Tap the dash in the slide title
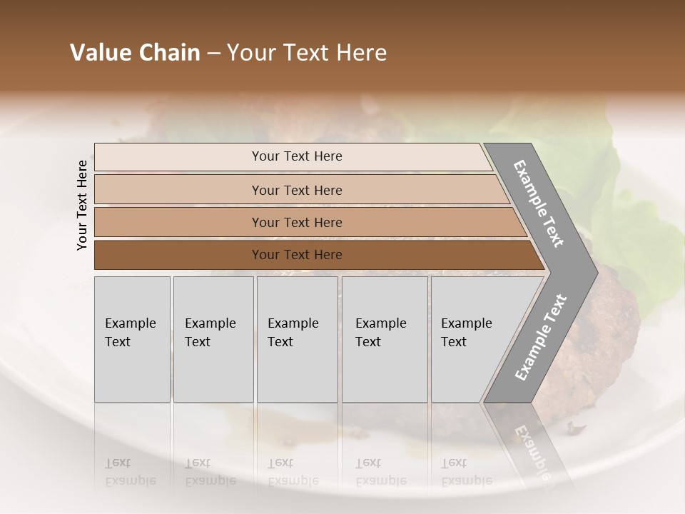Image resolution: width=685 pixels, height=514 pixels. coord(213,54)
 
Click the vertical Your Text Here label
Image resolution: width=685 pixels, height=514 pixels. coord(82,206)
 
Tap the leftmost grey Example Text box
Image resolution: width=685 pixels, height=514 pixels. coord(132,339)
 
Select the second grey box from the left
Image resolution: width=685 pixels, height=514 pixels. coord(213,339)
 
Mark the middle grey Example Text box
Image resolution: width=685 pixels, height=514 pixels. coord(297,339)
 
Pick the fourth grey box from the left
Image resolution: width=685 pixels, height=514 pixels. coord(384,339)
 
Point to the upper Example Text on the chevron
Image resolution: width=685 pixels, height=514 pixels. coord(539,203)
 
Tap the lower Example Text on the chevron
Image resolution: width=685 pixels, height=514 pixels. coord(540,337)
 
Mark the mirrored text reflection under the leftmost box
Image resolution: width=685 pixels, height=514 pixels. coord(131,472)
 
